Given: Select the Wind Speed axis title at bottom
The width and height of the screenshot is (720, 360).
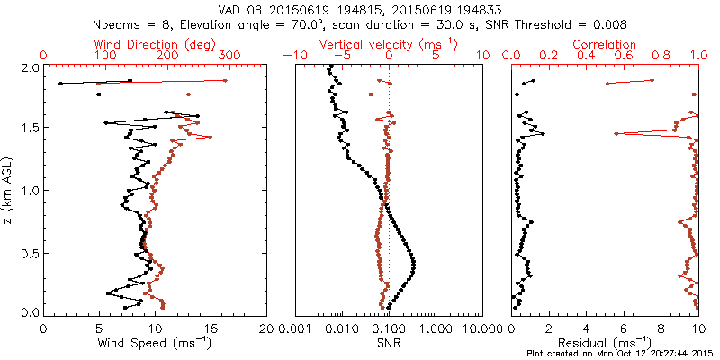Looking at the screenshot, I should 156,343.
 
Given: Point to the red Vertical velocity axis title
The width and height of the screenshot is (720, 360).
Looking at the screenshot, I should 388,44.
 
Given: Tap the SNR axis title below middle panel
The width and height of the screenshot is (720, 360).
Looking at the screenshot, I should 388,343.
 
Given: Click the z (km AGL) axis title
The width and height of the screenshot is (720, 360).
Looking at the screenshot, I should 9,191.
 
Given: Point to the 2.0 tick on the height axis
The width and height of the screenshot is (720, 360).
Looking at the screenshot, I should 29,67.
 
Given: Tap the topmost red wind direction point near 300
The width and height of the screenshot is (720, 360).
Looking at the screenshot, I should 225,81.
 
